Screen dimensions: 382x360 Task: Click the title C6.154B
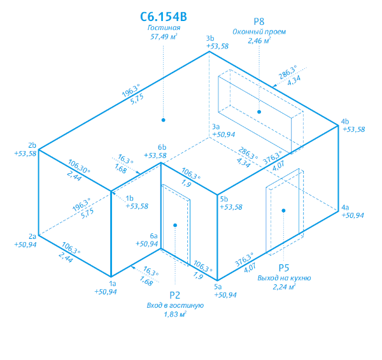coord(164,17)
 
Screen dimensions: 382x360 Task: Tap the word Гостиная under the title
coord(164,27)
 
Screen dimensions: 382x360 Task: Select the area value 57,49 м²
coord(164,36)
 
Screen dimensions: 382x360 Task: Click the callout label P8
coord(259,22)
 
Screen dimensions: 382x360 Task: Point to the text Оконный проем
coord(259,32)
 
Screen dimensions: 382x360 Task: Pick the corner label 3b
coord(210,38)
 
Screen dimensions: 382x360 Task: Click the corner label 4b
coord(345,121)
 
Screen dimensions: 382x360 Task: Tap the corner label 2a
coord(32,236)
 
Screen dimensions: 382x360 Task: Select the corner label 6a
coord(153,236)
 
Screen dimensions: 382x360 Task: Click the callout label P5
coord(284,268)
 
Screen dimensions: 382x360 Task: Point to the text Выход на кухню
coord(284,278)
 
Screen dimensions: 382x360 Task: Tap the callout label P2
coord(174,295)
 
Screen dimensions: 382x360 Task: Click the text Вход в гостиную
coord(175,305)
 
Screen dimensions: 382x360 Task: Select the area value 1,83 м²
coord(175,314)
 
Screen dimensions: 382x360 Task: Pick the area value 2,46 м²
coord(259,41)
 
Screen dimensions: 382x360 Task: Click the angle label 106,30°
coord(79,166)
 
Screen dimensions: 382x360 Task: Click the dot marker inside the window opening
coord(259,112)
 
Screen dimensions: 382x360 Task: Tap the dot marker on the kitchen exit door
coord(283,211)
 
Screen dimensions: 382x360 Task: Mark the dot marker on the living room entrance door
coord(175,225)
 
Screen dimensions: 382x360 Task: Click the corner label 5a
coord(218,287)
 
